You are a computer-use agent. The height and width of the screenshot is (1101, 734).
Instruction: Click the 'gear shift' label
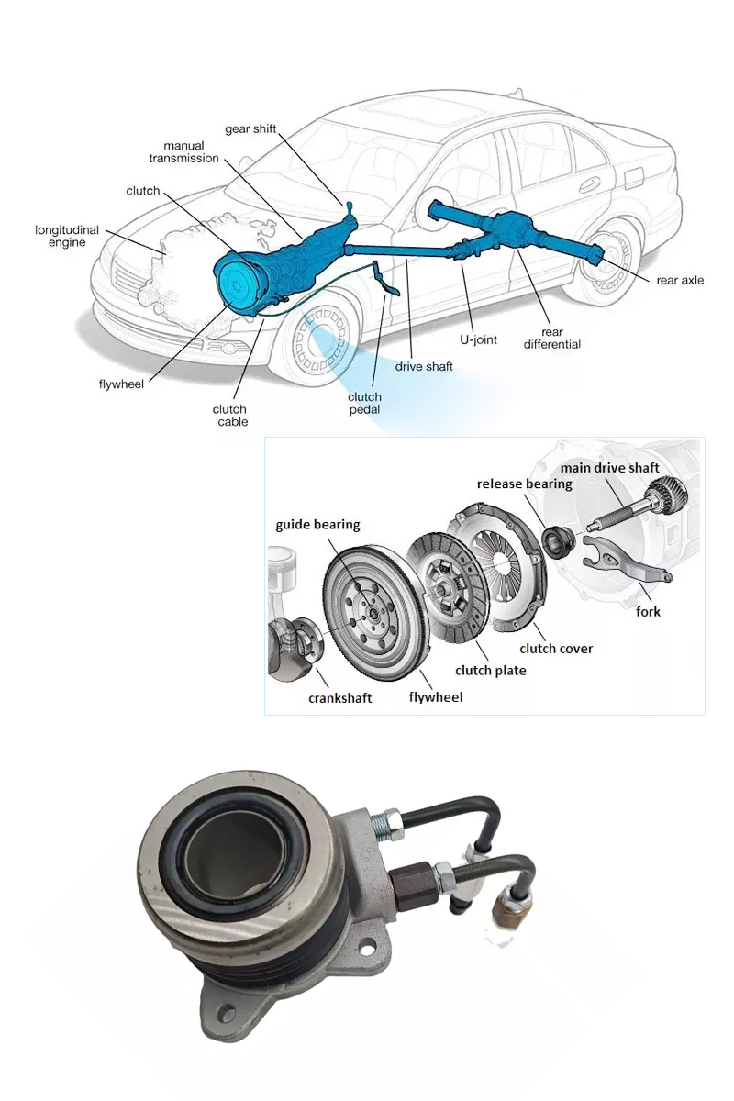coord(250,128)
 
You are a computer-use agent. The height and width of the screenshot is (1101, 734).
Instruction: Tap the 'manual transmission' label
coord(184,152)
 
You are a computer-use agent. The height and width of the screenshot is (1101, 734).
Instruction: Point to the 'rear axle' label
coord(680,280)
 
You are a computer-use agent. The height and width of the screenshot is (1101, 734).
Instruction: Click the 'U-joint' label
coord(478,339)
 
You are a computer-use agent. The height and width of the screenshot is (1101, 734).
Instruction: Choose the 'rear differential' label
coord(552,339)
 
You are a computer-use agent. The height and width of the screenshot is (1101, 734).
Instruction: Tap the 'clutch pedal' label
coord(364,403)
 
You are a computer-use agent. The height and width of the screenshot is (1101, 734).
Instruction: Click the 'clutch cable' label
coord(230,416)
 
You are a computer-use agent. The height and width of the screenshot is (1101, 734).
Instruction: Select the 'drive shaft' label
coord(424,366)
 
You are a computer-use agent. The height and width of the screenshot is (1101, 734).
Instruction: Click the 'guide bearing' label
coord(317,525)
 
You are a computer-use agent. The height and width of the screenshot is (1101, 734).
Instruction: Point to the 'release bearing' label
coord(524,484)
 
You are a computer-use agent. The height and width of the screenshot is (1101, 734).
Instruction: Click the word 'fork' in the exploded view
coord(648,611)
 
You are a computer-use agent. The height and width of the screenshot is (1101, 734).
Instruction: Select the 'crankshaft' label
coord(339,697)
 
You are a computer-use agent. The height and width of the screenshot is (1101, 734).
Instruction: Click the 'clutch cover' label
coord(556,649)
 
